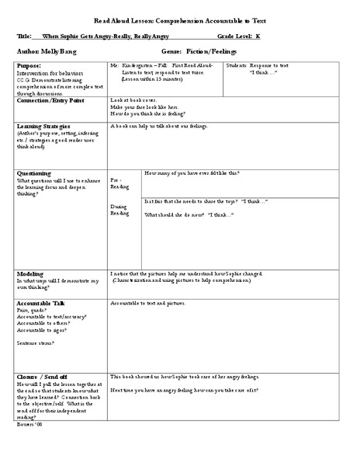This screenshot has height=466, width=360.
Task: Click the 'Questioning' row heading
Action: (x=34, y=173)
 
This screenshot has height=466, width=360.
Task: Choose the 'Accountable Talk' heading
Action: (x=40, y=302)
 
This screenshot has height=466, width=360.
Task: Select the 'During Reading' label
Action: (x=120, y=210)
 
